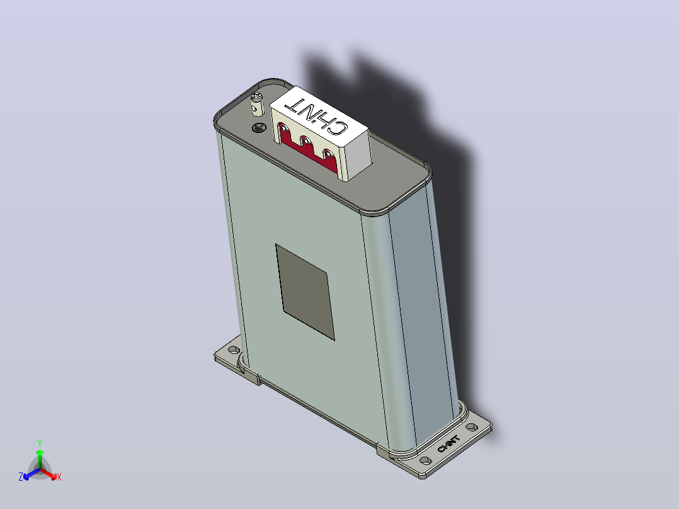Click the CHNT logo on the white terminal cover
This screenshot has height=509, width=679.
point(317,116)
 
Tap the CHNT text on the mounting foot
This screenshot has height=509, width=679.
point(448,444)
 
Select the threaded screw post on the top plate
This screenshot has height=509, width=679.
point(257,105)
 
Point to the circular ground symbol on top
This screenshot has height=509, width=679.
point(258,128)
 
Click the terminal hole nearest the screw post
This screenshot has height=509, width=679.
point(283,129)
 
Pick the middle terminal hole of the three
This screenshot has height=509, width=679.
point(305,141)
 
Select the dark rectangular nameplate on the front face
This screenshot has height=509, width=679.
point(305,292)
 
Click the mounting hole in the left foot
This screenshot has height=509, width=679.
point(234,349)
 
